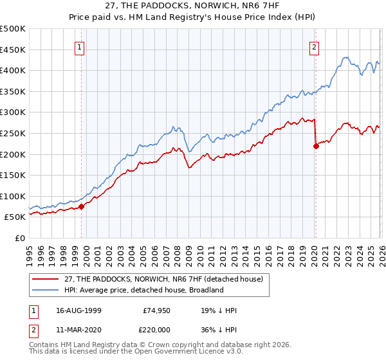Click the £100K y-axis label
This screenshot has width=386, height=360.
(13, 196)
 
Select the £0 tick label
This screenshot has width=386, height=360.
(19, 238)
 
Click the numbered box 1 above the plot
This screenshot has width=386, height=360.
(79, 46)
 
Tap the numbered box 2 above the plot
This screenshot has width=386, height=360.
(314, 46)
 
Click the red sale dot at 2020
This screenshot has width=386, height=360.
(316, 146)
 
